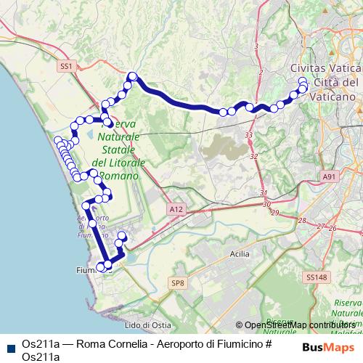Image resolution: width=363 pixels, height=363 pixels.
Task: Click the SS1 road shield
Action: point(67,66)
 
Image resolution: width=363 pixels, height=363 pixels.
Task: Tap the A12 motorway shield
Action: point(174,209)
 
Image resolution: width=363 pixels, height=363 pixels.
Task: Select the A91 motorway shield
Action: point(330,176)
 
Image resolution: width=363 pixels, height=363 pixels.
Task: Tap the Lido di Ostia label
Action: point(147,325)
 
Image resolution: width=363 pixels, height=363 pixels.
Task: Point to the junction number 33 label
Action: point(249,135)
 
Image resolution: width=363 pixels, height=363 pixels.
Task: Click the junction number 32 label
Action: point(254,156)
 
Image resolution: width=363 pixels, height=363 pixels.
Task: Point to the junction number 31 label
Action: point(264,193)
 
